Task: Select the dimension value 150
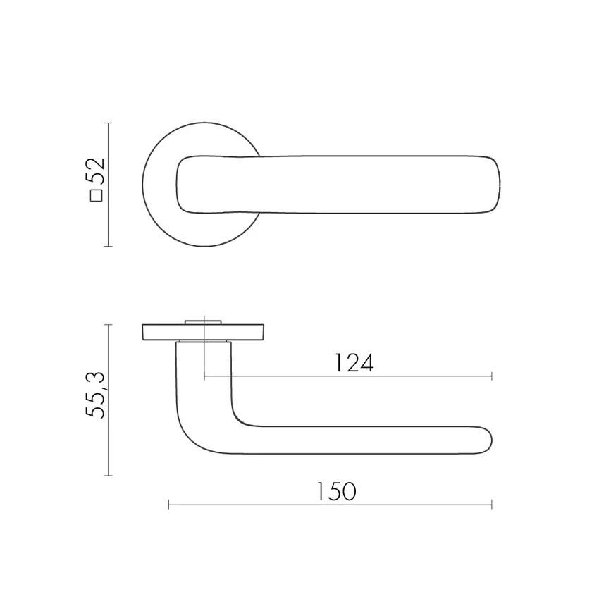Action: coord(336,491)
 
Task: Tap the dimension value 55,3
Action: coord(95,395)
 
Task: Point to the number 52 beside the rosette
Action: coord(95,171)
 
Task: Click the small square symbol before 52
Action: coord(97,196)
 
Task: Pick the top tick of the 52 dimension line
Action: coord(108,123)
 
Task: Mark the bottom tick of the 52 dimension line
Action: coord(108,247)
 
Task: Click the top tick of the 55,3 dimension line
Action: coord(108,325)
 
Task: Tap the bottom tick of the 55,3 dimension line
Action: coord(108,476)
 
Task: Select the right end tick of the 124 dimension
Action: coord(492,376)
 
